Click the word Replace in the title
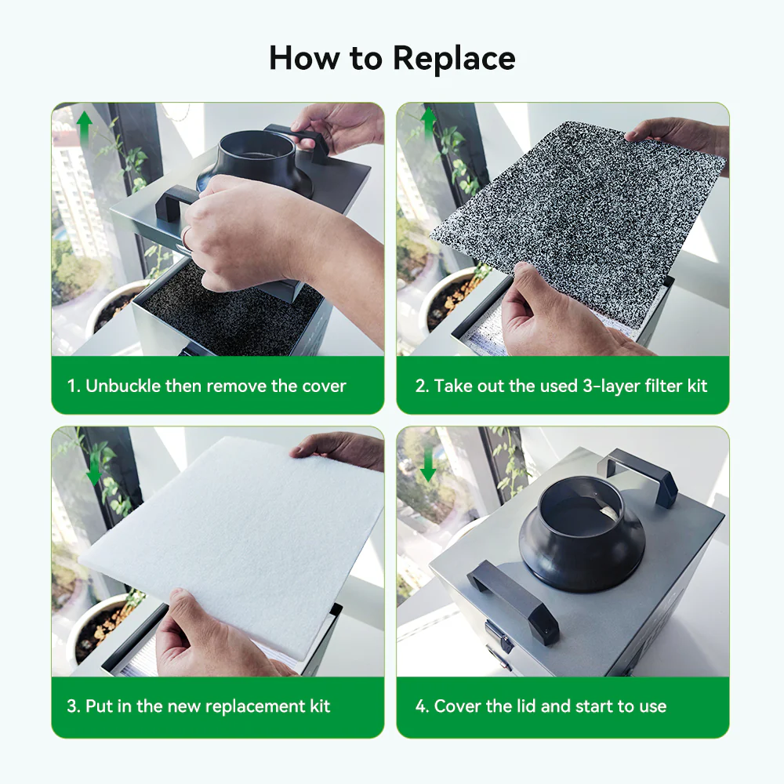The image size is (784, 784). pyautogui.click(x=454, y=59)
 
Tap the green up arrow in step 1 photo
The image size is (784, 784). pyautogui.click(x=84, y=128)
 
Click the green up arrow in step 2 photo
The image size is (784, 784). pyautogui.click(x=428, y=125)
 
